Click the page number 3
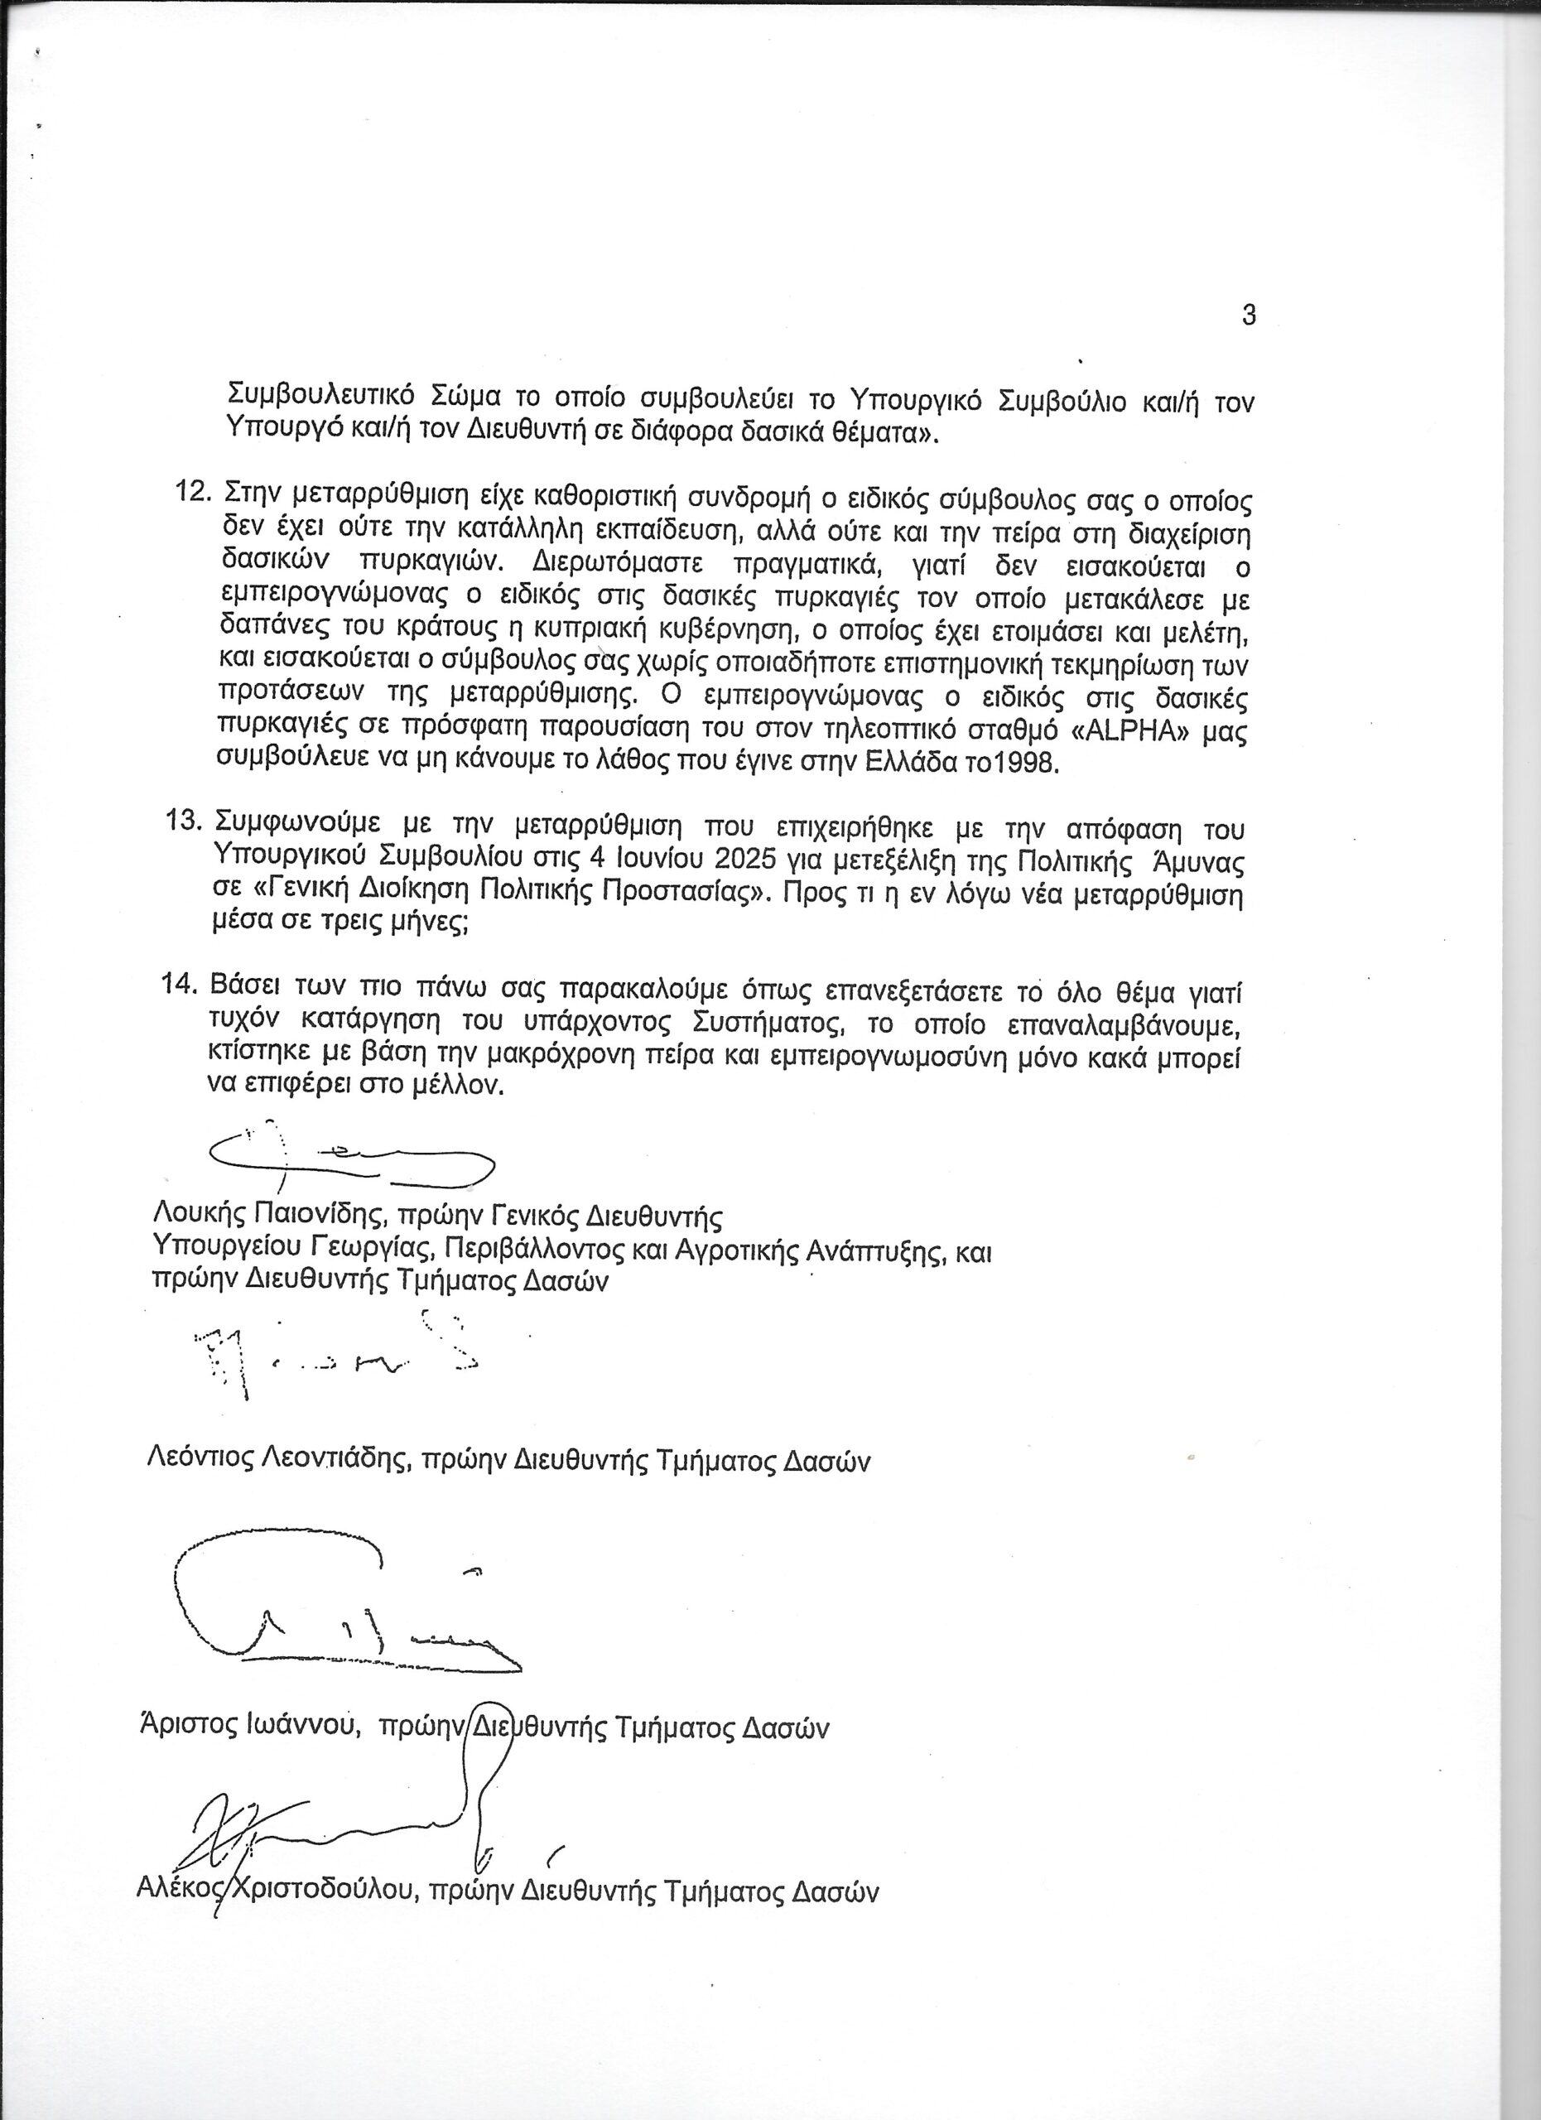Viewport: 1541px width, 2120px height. click(x=1249, y=316)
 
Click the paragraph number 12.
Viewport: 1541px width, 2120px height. click(x=194, y=491)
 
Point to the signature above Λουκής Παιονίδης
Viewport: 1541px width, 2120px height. click(x=350, y=1159)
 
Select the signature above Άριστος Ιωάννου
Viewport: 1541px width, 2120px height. click(x=336, y=1607)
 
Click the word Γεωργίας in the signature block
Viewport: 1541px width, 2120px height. click(x=377, y=1248)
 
